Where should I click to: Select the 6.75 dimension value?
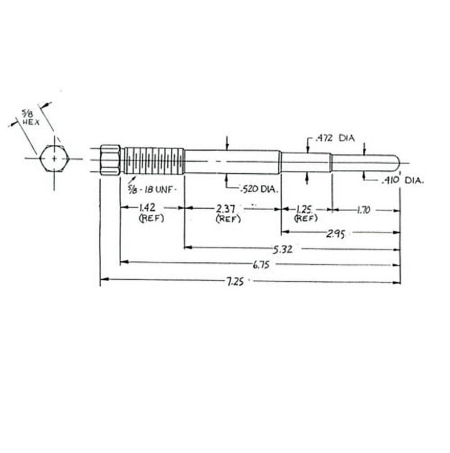[261, 265]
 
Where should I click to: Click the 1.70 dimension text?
[363, 209]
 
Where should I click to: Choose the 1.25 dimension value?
[305, 209]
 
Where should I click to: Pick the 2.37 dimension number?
[228, 208]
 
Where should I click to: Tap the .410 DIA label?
[402, 181]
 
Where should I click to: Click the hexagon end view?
[54, 159]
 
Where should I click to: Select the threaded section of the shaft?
[153, 160]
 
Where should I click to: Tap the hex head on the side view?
[110, 160]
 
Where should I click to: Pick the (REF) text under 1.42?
[151, 219]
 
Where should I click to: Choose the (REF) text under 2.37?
[228, 219]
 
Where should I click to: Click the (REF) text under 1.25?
[306, 218]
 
